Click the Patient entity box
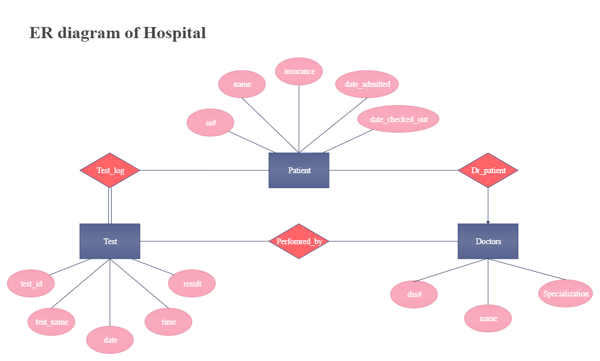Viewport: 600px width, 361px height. [299, 170]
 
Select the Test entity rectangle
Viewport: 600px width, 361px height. [110, 241]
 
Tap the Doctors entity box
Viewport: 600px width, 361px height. [488, 241]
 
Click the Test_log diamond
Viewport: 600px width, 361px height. [110, 170]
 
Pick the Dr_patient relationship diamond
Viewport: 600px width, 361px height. [488, 170]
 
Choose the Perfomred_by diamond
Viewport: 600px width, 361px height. [299, 241]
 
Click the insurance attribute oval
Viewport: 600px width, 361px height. [299, 72]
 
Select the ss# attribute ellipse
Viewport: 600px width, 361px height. [210, 123]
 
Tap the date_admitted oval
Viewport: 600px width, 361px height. [367, 84]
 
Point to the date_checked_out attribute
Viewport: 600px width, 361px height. [398, 119]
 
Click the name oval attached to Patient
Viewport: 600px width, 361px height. [242, 84]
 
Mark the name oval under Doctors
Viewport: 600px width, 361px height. [488, 318]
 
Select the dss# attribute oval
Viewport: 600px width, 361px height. [414, 294]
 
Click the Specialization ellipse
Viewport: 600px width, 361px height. [565, 293]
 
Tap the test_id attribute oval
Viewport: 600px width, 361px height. [31, 284]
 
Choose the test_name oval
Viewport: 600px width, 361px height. [52, 322]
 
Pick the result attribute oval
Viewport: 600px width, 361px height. [192, 284]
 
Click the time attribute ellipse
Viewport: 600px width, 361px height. [169, 322]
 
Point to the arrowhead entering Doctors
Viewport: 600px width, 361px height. [488, 222]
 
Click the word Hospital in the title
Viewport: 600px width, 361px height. [175, 33]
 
